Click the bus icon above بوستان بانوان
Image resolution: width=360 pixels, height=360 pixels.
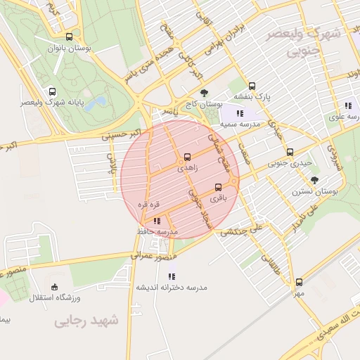[x=68, y=37]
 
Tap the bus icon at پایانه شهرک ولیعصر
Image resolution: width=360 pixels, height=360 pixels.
[x=52, y=92]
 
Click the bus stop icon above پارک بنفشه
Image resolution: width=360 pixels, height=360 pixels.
[x=252, y=86]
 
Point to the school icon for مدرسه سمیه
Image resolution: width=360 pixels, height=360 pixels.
[x=240, y=112]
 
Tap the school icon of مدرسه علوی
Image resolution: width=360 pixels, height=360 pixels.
[x=347, y=106]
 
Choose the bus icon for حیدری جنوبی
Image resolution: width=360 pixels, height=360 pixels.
[x=290, y=152]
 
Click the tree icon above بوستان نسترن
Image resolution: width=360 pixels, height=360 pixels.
[x=314, y=180]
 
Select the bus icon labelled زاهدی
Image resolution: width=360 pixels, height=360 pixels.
[x=187, y=157]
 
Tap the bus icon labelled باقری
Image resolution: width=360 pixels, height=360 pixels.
[x=219, y=187]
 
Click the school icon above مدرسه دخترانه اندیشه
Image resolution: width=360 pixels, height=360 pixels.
[x=172, y=276]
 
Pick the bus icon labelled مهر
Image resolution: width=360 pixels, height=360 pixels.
[x=299, y=282]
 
